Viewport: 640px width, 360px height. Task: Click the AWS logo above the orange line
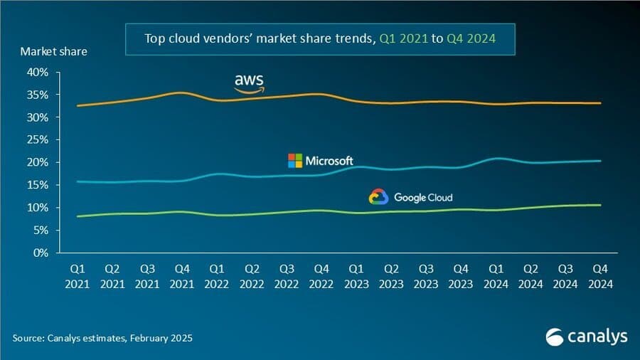tap(250, 84)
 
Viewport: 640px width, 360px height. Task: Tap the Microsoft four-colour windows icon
tap(294, 161)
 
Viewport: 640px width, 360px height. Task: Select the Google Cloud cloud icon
tap(378, 197)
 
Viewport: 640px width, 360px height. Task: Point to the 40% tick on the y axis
tap(38, 72)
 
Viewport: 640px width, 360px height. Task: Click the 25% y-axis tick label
tap(38, 139)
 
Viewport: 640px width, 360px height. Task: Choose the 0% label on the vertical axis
tap(41, 253)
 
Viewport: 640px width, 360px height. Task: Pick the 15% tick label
tap(38, 185)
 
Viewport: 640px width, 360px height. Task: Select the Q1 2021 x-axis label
tap(77, 275)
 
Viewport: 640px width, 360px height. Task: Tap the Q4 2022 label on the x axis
tap(321, 275)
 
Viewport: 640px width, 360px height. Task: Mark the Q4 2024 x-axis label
tap(599, 275)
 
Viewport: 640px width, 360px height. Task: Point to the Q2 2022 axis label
tap(251, 275)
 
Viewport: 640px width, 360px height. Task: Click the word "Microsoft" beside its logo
tap(329, 161)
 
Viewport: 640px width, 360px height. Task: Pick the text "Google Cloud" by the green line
tap(422, 197)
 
